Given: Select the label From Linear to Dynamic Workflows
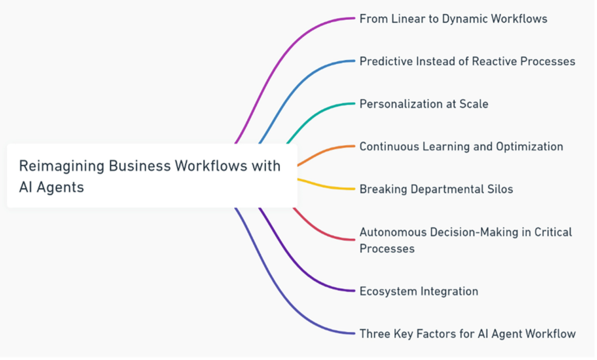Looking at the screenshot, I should [x=453, y=19].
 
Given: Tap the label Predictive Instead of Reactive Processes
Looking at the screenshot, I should [x=467, y=61].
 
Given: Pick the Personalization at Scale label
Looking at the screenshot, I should [x=424, y=104].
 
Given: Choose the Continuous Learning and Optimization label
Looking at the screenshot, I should [x=461, y=146].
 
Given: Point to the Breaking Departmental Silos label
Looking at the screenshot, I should [x=436, y=189].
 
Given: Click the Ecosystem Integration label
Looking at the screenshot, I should [x=419, y=291].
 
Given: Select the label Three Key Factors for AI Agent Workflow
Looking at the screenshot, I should [x=468, y=334].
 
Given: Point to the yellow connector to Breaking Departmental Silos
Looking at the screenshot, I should [x=326, y=186].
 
